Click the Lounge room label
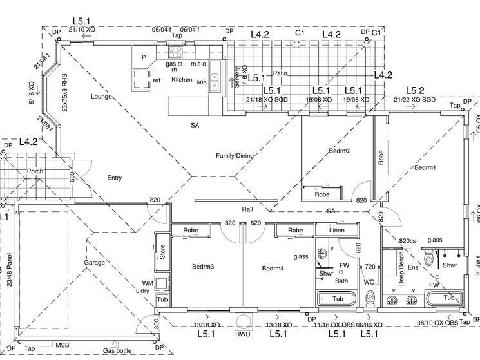(102, 97)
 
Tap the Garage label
(94, 263)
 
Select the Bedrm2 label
(340, 151)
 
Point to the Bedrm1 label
(425, 167)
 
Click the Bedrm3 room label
(203, 266)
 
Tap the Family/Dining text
(235, 156)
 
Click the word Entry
(114, 178)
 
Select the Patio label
(280, 73)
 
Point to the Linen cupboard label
(336, 231)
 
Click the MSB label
(62, 346)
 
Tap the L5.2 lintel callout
(414, 90)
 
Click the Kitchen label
(182, 79)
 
